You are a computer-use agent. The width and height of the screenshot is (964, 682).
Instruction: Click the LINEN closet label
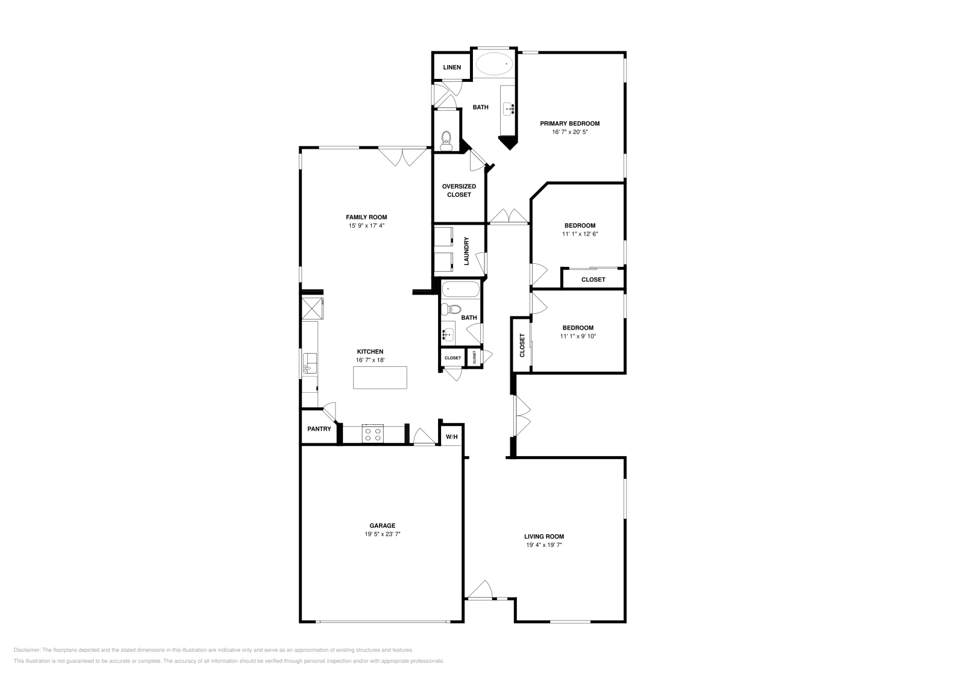click(x=452, y=67)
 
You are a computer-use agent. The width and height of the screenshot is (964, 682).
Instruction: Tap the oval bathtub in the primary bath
click(x=494, y=63)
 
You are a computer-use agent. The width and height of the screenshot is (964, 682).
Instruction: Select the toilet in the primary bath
click(x=446, y=141)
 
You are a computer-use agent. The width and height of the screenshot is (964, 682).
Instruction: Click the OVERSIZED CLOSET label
click(x=459, y=190)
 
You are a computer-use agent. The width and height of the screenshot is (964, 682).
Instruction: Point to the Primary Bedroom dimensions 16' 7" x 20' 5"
click(x=569, y=132)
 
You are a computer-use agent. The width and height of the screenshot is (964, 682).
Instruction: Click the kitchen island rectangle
click(x=380, y=378)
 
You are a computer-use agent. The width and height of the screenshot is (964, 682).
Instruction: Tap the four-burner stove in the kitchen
click(x=373, y=434)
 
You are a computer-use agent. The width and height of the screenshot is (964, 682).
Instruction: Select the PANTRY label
click(x=319, y=429)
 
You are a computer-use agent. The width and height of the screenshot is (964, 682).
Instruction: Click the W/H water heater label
click(x=451, y=437)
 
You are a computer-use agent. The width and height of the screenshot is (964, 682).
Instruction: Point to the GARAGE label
click(x=383, y=525)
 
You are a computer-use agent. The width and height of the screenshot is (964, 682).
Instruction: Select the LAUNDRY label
click(x=466, y=251)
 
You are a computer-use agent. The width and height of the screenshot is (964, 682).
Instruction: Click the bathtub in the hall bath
click(x=461, y=290)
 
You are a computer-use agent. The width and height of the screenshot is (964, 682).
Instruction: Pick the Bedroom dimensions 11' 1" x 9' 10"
click(x=578, y=337)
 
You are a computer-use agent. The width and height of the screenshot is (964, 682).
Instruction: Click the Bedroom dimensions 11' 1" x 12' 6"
click(x=580, y=234)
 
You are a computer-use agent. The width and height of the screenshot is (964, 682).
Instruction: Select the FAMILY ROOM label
click(x=366, y=217)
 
